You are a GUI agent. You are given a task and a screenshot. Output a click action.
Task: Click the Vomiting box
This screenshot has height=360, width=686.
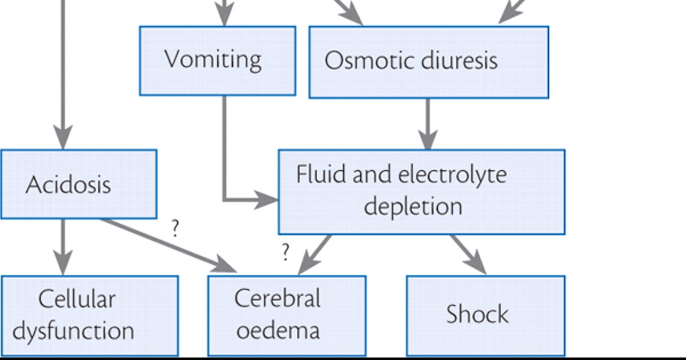(217, 60)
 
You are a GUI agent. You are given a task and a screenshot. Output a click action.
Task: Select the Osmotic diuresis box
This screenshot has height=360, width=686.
(428, 61)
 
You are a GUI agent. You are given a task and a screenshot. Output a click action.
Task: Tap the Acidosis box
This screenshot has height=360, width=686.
(78, 184)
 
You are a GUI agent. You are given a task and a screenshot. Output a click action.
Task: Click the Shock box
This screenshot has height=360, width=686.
(485, 315)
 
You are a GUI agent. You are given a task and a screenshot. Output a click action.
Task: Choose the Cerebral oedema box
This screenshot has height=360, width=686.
(286, 315)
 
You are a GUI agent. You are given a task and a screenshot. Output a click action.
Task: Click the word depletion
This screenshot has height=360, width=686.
(413, 206)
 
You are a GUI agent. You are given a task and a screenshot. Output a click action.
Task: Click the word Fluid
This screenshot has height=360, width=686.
(321, 174)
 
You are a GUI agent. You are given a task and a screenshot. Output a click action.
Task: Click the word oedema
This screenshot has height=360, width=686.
(277, 331)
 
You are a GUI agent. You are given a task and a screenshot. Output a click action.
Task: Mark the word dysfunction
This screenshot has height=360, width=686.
(73, 331)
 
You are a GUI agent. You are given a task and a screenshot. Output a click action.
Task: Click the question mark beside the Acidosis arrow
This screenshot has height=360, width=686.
(176, 229)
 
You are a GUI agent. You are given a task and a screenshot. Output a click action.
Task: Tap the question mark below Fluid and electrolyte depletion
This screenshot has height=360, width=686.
(285, 252)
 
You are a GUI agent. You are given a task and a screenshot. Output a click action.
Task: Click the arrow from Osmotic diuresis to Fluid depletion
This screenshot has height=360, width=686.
(428, 123)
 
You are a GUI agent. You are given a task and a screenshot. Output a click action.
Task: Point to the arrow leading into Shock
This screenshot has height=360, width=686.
(469, 254)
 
